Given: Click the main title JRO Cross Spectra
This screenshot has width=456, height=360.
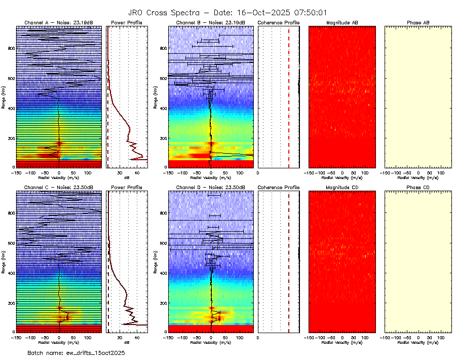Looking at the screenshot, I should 227,13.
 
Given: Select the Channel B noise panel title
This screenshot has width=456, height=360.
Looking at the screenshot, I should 210,23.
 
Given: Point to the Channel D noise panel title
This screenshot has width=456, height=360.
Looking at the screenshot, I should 210,188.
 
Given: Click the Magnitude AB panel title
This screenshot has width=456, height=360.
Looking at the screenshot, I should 342,23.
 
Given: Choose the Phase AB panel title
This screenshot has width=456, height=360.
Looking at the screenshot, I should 418,23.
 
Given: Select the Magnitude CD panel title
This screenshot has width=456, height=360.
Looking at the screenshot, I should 342,188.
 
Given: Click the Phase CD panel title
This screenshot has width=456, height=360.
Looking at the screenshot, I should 418,188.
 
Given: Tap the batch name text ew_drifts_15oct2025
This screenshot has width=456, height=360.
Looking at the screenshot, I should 76,352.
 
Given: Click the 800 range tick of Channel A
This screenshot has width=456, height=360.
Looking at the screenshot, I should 10,48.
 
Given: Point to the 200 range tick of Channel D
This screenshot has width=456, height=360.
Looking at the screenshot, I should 162,303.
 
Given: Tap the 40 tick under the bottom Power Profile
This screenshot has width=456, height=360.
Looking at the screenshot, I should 136,337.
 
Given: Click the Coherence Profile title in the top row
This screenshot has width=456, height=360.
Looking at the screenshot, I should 279,23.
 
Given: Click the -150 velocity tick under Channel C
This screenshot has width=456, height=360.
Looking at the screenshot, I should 16,337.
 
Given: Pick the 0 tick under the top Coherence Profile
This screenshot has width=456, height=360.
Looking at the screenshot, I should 258,172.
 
